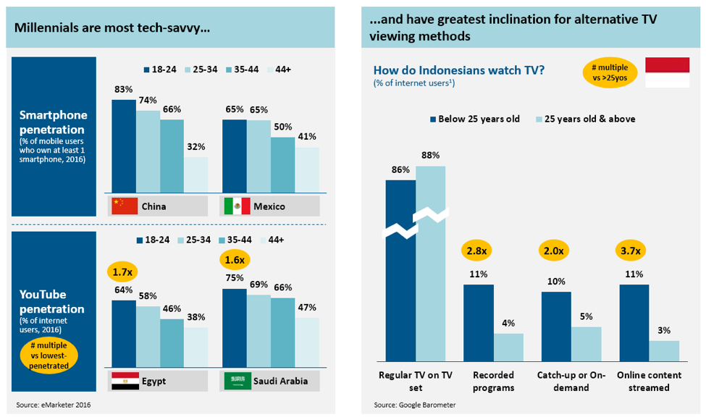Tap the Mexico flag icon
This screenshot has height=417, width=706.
point(235,206)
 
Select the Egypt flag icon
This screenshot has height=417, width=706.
point(122,381)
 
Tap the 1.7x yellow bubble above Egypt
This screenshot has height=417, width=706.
point(123,272)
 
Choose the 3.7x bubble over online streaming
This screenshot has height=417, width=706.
point(634,250)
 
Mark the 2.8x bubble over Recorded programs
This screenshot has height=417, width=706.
point(478,250)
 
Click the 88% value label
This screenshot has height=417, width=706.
point(430,155)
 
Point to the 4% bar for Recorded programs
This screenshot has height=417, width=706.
point(508,347)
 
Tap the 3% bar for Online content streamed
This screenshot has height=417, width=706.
point(664,350)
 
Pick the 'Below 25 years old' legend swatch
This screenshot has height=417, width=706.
point(434,119)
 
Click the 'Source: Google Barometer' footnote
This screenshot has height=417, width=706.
point(415,405)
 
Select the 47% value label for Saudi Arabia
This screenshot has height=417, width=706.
point(306,308)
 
